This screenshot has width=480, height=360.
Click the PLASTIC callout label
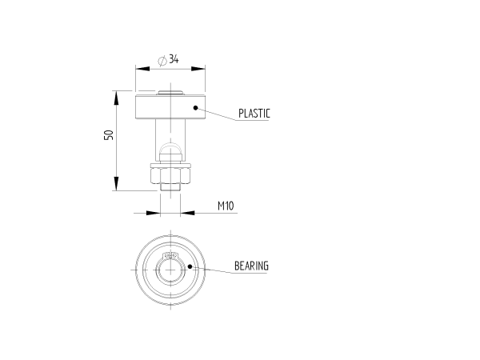point(254,114)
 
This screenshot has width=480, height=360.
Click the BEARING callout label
point(251,266)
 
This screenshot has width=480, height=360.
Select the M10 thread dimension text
point(226,206)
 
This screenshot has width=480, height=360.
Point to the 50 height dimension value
point(109,135)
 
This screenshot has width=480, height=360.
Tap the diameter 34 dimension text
point(168,59)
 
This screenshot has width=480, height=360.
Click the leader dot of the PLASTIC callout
point(196,108)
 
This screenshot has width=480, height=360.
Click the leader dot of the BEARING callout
point(190,266)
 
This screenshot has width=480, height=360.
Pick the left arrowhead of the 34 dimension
point(142,69)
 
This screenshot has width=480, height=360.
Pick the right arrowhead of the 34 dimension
point(198,69)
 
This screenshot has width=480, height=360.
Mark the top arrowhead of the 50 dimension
point(116,98)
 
